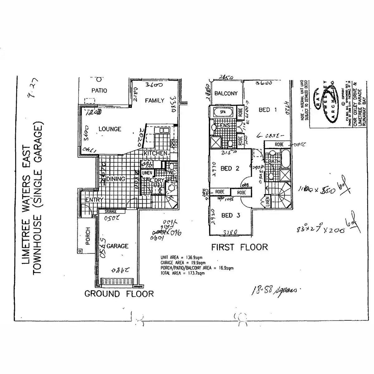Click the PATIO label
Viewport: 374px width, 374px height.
tap(99, 91)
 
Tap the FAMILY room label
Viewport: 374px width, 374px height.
tap(154, 101)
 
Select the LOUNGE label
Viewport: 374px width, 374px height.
tap(110, 129)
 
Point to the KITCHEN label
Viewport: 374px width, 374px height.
tap(155, 153)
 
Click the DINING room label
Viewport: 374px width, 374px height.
tap(116, 179)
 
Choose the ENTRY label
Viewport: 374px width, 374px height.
tap(94, 200)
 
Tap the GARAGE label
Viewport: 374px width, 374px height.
tap(117, 246)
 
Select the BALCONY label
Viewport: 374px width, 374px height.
tap(226, 93)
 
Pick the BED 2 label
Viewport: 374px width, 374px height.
tap(230, 169)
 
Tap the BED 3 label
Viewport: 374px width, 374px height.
tap(231, 215)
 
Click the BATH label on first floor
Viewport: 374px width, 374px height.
tap(274, 161)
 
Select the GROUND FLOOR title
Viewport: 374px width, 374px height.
tap(119, 294)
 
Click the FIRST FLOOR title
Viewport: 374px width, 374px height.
tap(239, 247)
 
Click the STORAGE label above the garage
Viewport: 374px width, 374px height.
tap(110, 212)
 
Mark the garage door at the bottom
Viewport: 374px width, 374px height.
tap(117, 282)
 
